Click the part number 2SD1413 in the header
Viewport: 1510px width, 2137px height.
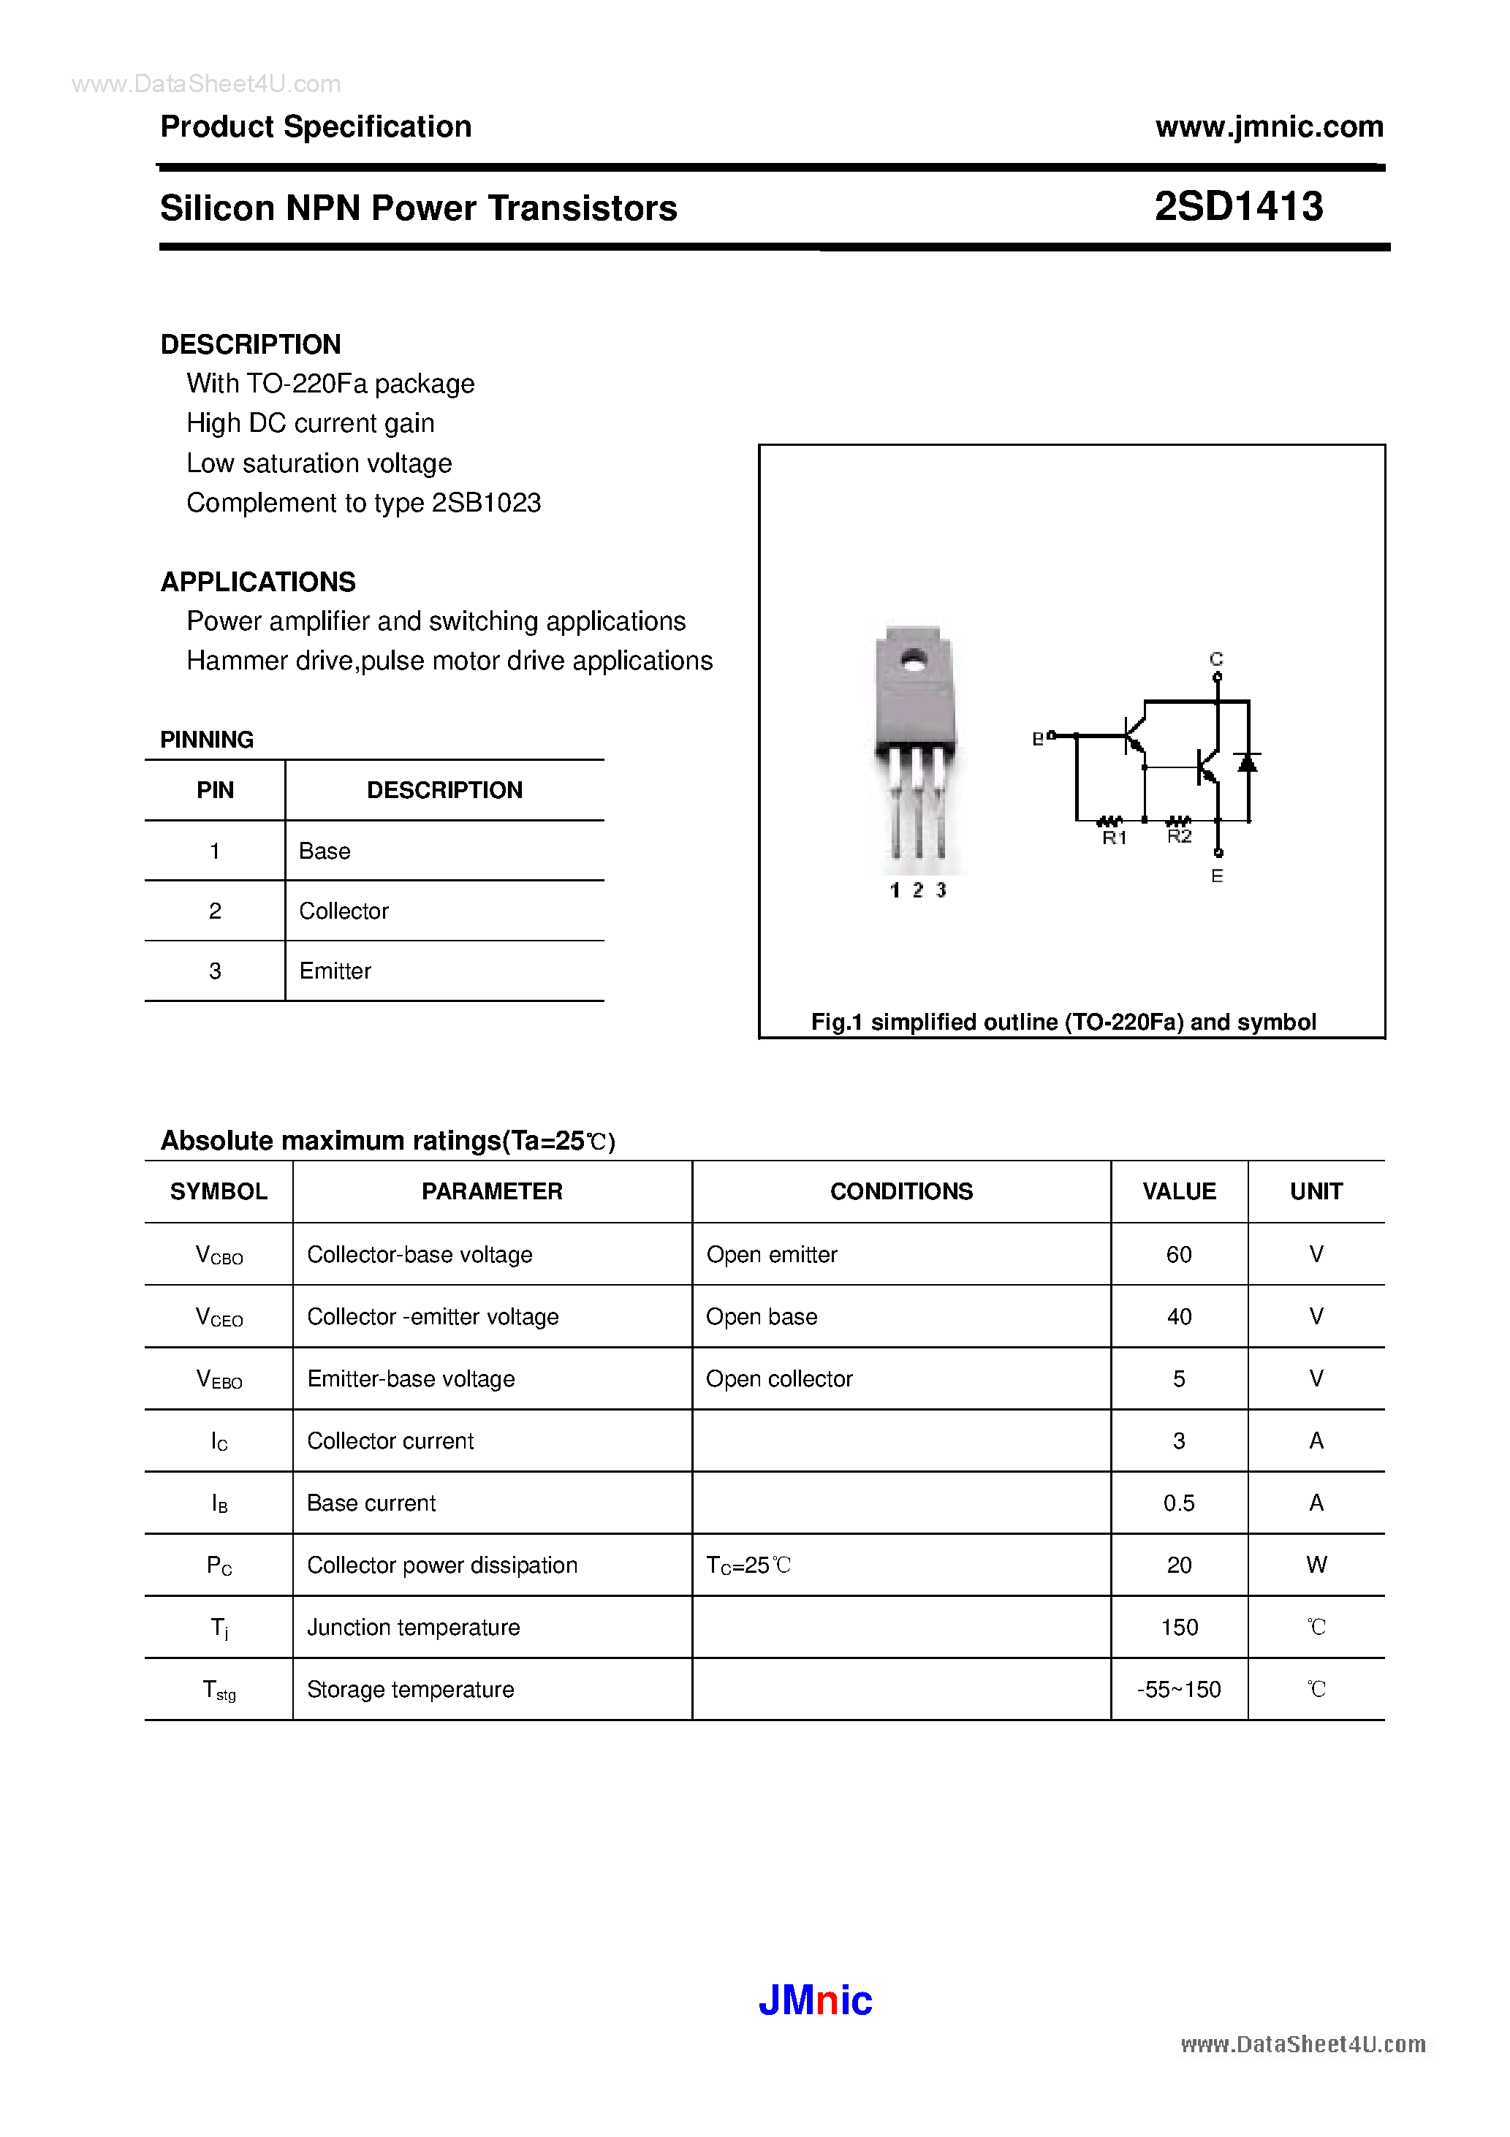[1238, 207]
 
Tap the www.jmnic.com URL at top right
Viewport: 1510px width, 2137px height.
[1269, 126]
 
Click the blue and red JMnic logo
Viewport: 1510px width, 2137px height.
[816, 2000]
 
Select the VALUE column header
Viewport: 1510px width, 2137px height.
[1179, 1191]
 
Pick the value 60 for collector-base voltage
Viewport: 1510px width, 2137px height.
[1179, 1255]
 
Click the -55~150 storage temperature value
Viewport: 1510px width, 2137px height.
[1179, 1689]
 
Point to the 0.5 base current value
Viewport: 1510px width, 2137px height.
[1179, 1503]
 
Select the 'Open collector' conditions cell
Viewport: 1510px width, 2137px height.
[779, 1378]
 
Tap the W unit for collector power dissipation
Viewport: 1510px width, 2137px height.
[1316, 1565]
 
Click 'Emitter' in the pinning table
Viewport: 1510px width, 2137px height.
[335, 971]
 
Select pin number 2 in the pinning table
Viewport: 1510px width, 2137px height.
[215, 911]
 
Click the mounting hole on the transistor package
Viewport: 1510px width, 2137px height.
[914, 663]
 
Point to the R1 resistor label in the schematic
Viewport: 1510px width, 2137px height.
[1115, 838]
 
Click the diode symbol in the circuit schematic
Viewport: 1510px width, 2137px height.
[1248, 763]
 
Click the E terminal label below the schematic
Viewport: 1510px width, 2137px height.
[1217, 876]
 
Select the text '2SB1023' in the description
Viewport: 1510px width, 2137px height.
[487, 503]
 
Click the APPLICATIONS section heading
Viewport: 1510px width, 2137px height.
[258, 582]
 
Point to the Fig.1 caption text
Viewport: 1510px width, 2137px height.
[1063, 1022]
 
